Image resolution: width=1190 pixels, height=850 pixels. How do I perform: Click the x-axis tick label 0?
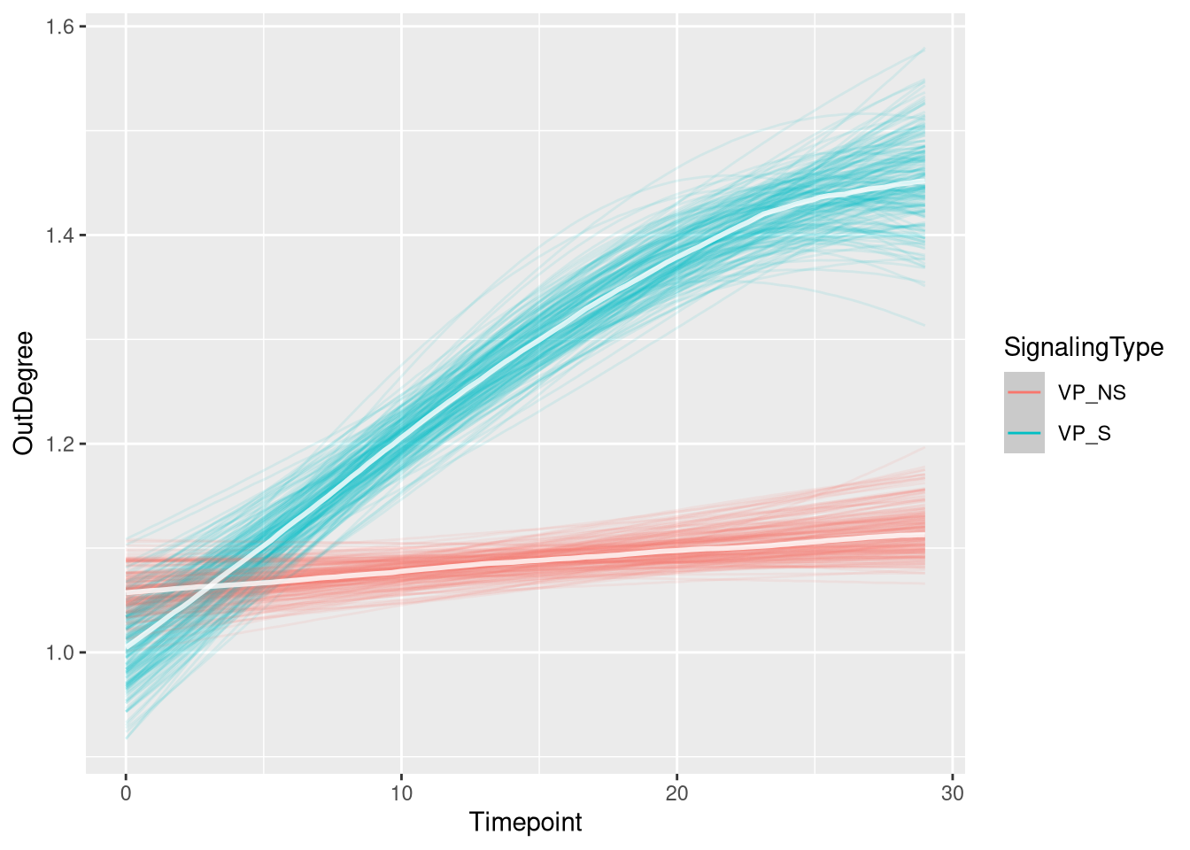tap(126, 793)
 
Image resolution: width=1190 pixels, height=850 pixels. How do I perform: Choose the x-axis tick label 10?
tap(401, 793)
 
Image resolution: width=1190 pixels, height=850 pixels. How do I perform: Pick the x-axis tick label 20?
tap(676, 793)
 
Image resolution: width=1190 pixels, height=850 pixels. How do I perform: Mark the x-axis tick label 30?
tap(953, 793)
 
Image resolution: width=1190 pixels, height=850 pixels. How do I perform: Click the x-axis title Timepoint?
tap(525, 823)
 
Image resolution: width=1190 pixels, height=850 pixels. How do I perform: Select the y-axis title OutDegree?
tap(24, 392)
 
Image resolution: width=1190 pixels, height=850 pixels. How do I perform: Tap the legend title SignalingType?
tap(1083, 347)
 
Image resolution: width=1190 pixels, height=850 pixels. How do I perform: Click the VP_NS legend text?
tap(1092, 392)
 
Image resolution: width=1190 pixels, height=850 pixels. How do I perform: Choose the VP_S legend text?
tap(1085, 434)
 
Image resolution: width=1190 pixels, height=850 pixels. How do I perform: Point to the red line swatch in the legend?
tap(1024, 392)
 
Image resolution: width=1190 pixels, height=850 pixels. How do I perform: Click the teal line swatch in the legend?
tap(1024, 434)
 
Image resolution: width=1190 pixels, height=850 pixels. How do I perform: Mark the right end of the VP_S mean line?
tap(924, 182)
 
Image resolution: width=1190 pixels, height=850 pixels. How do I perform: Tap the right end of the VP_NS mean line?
tap(924, 537)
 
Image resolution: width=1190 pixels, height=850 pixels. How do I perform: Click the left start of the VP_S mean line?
tap(127, 652)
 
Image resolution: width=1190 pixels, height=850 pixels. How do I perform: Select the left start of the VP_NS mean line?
tap(127, 590)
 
